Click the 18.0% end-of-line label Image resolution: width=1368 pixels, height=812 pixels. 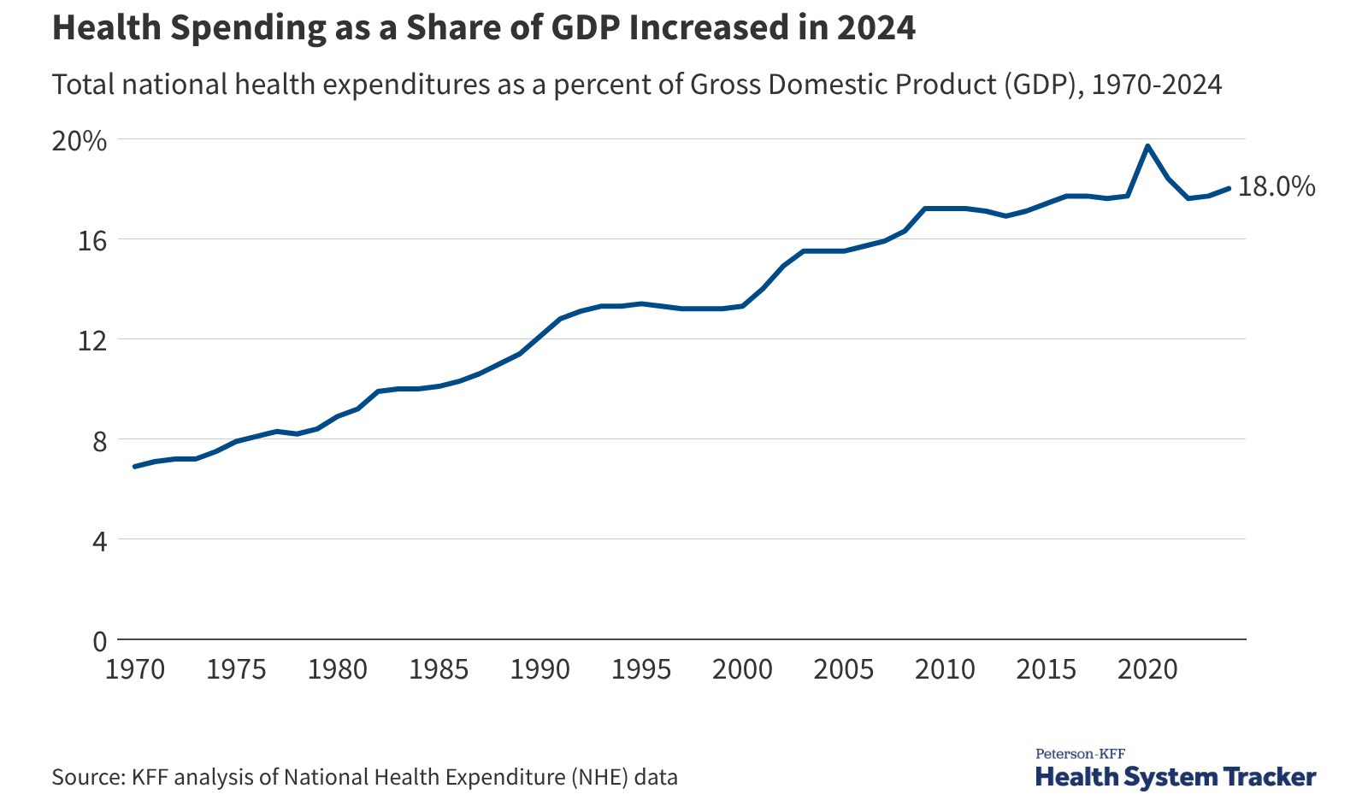pos(1276,186)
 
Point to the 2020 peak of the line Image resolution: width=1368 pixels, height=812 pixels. pos(1147,146)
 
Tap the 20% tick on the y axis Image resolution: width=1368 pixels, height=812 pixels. pos(80,141)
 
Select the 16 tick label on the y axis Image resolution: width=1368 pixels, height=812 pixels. pos(92,241)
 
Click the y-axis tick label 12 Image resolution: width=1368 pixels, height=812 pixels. pos(92,341)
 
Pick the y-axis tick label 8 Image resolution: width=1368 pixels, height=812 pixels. pos(100,441)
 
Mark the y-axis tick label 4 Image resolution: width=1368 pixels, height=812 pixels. pos(100,541)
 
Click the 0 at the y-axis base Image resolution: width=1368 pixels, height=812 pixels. pos(100,641)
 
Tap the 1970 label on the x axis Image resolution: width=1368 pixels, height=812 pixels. pos(135,669)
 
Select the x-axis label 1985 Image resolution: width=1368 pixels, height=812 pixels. pos(439,669)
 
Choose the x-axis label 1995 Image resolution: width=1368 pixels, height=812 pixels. pos(641,669)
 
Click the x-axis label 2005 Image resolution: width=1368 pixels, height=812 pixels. pos(844,669)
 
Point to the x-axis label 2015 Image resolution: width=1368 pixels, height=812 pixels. pos(1047,669)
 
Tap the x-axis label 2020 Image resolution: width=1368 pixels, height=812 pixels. pos(1147,669)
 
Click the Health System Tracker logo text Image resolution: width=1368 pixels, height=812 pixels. pos(1176,777)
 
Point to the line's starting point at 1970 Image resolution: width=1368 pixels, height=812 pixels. pos(136,466)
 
